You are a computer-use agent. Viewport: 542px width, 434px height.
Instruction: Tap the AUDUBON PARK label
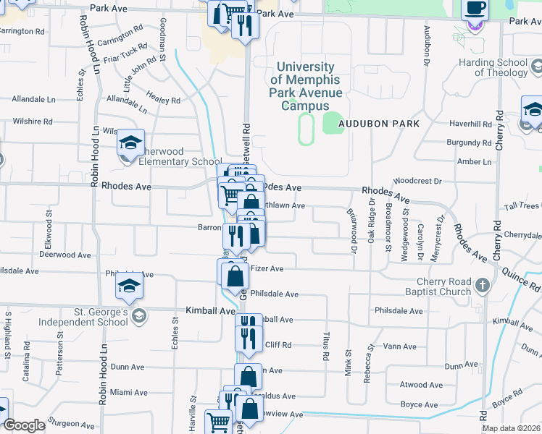(381, 124)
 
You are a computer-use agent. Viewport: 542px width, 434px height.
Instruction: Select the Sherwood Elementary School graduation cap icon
(131, 143)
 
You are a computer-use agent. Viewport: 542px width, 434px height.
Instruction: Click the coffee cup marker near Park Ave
(475, 9)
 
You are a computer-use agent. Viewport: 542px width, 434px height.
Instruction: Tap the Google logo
(24, 425)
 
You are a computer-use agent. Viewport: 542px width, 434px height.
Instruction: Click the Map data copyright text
(510, 428)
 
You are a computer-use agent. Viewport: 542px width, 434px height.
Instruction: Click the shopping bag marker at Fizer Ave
(235, 275)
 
